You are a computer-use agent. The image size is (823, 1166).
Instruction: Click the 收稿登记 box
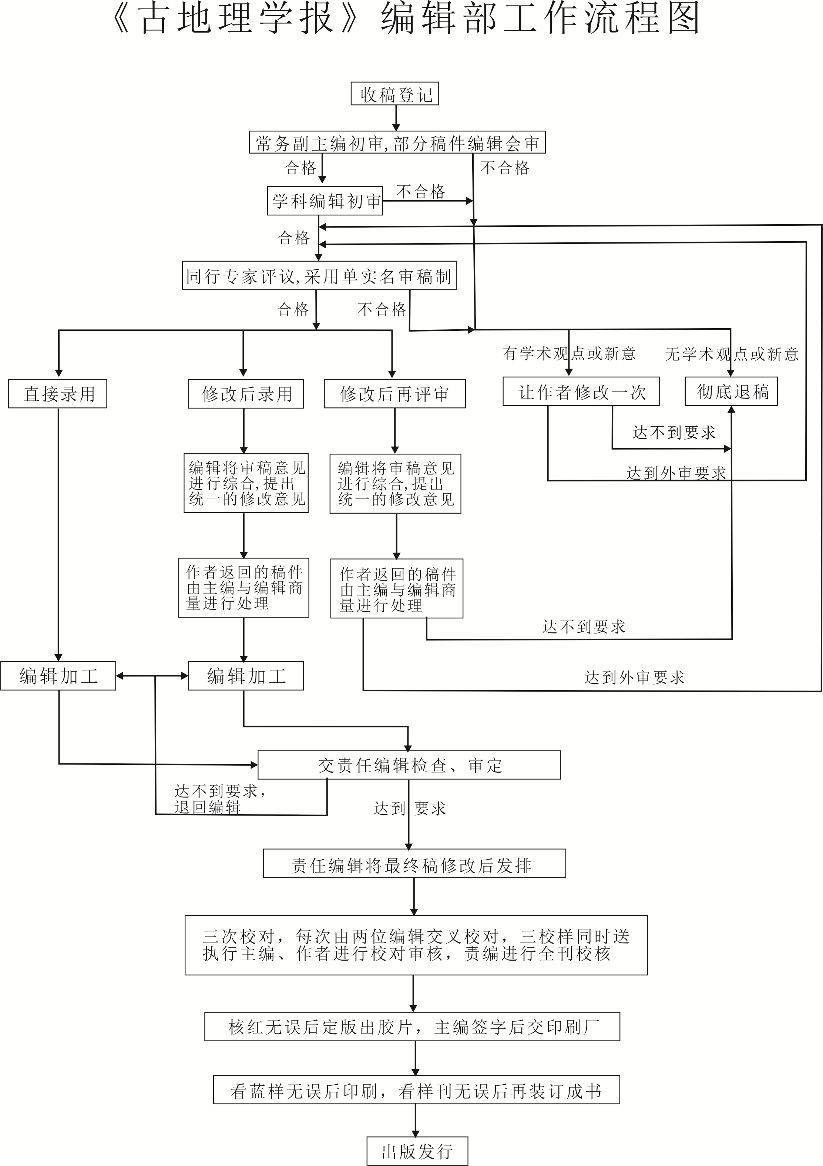394,94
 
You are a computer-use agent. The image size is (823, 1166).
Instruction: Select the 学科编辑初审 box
325,201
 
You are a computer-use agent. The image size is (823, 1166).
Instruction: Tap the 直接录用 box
57,394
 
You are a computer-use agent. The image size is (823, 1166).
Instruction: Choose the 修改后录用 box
246,394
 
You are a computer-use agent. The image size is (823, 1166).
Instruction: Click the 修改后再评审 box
394,394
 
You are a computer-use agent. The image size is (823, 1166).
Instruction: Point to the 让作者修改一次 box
581,392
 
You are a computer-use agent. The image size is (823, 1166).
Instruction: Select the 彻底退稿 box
731,392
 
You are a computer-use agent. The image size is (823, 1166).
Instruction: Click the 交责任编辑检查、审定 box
409,765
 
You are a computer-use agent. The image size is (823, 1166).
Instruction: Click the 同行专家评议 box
319,276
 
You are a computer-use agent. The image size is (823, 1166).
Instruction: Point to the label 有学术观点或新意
569,353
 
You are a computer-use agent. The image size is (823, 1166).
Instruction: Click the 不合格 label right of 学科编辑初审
420,191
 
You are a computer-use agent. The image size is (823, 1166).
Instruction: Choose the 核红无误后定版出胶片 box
412,1027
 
